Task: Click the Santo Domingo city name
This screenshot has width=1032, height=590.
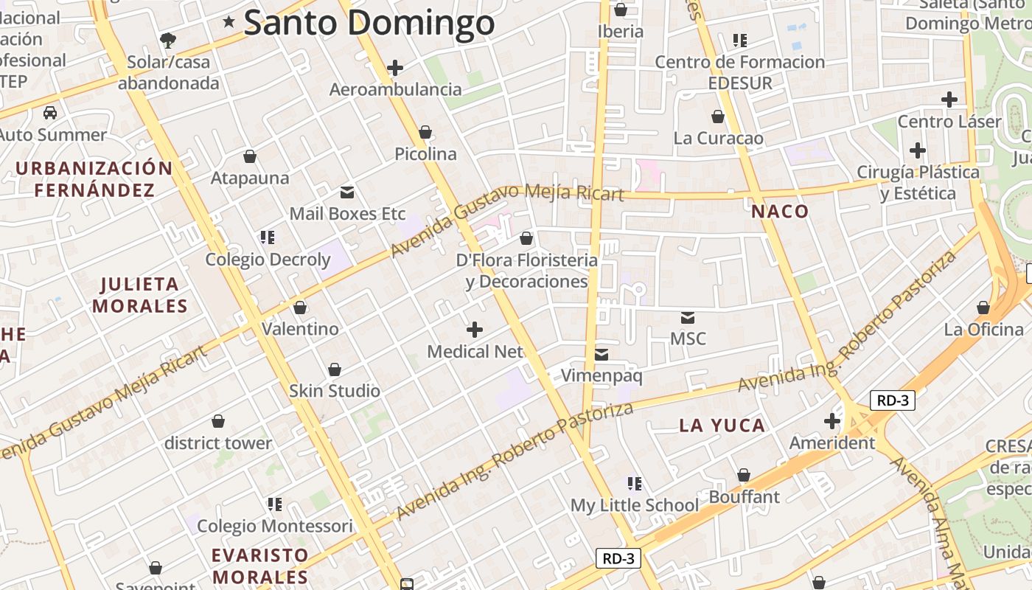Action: point(369,22)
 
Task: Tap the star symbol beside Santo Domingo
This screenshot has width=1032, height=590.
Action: point(229,23)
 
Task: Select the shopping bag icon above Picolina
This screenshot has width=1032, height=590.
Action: point(425,132)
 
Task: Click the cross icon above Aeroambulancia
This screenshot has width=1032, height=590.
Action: point(395,68)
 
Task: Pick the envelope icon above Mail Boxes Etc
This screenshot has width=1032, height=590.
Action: point(346,192)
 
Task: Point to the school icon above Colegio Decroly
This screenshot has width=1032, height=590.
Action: point(267,237)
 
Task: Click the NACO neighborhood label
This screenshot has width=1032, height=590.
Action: point(780,212)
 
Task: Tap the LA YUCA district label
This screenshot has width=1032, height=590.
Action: point(722,426)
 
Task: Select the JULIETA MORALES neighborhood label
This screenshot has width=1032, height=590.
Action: point(139,294)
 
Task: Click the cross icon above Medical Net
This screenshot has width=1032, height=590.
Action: point(475,329)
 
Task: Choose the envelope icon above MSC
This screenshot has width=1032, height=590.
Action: point(688,317)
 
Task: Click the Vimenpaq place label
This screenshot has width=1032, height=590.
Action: point(602,376)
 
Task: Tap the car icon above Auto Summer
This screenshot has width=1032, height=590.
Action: point(50,113)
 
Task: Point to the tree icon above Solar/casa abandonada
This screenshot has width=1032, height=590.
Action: point(168,39)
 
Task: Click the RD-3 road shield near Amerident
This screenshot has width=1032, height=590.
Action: point(892,400)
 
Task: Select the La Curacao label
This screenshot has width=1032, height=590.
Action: point(718,138)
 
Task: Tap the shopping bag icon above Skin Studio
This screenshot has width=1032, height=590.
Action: point(335,369)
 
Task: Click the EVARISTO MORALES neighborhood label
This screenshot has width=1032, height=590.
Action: point(259,566)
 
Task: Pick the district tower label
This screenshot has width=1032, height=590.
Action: point(217,443)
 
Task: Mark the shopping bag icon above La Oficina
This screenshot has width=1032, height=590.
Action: point(983,307)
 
